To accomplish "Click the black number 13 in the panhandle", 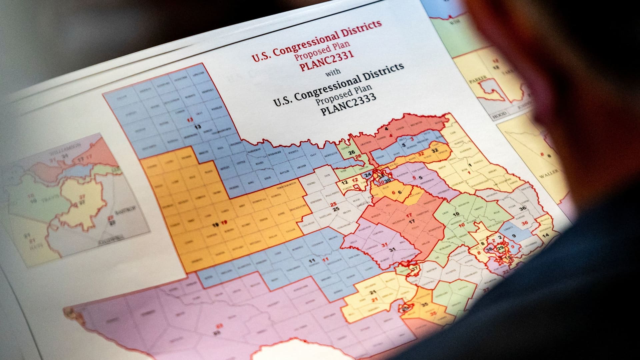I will click(198, 127).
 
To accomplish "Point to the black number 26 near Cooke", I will click(352, 153).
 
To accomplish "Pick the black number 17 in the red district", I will click(412, 221).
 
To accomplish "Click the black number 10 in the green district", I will click(456, 214).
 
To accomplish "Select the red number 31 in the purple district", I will click(385, 245).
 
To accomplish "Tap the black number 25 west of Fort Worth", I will click(336, 209).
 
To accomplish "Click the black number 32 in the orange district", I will click(435, 150).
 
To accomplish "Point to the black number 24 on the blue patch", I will click(367, 175).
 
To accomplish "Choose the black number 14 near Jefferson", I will click(546, 235).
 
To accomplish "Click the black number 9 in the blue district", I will click(514, 236).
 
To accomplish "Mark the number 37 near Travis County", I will click(415, 268).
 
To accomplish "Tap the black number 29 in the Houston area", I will click(500, 249).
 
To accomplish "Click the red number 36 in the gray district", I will click(525, 223).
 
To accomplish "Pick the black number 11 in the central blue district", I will click(312, 261).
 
